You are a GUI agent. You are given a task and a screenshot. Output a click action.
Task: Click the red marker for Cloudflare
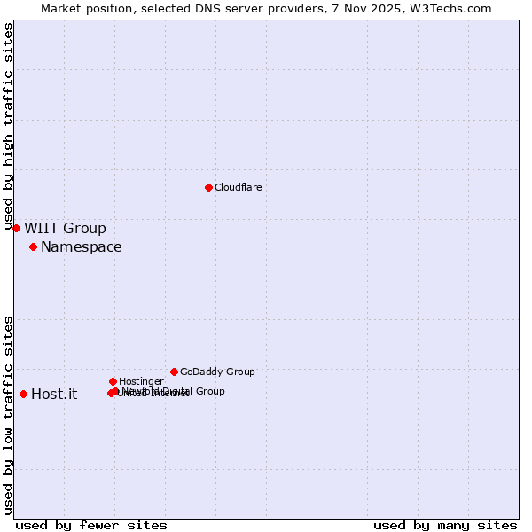[208, 187]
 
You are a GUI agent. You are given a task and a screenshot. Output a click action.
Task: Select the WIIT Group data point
[16, 228]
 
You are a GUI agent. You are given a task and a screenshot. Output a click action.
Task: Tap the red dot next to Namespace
[33, 246]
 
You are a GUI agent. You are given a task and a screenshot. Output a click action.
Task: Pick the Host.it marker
[23, 394]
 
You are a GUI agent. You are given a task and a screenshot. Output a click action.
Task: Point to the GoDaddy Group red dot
[174, 372]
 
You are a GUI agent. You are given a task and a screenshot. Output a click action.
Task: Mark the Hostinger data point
[113, 381]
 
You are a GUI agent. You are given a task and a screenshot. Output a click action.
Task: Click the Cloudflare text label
[238, 187]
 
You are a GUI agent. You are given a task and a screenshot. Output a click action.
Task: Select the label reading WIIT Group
[65, 229]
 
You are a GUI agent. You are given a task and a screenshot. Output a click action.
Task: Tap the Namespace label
[81, 247]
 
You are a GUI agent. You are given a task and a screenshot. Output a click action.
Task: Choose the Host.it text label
[54, 395]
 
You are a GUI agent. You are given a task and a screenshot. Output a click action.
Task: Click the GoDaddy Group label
[217, 372]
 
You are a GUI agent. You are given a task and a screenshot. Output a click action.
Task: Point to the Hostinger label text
[141, 381]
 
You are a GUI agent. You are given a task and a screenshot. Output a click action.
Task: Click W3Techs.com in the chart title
[455, 8]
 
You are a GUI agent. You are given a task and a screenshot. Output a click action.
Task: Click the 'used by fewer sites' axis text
[91, 525]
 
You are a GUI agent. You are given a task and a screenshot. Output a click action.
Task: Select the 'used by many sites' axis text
[445, 525]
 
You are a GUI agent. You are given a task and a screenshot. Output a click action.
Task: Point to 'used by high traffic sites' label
[9, 127]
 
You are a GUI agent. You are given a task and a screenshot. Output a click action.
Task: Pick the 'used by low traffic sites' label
[9, 415]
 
